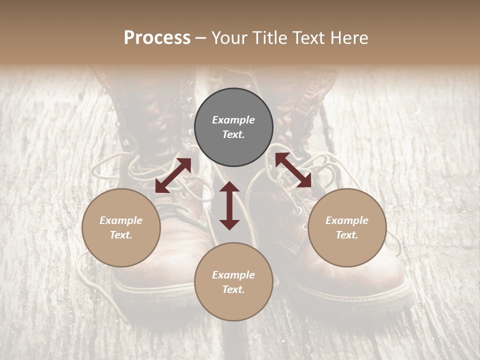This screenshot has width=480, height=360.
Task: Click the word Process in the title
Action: click(x=157, y=38)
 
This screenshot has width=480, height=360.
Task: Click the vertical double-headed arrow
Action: click(x=229, y=205)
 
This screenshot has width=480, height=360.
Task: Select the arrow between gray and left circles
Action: click(x=173, y=175)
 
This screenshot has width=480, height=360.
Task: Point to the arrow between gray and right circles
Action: click(x=293, y=170)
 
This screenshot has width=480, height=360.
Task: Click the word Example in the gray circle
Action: click(x=233, y=120)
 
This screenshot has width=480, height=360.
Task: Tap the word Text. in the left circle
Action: click(x=121, y=235)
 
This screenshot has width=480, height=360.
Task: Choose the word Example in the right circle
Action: click(x=347, y=220)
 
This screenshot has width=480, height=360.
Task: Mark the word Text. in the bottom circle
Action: click(x=233, y=289)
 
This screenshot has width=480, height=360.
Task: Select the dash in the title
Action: click(x=201, y=38)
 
